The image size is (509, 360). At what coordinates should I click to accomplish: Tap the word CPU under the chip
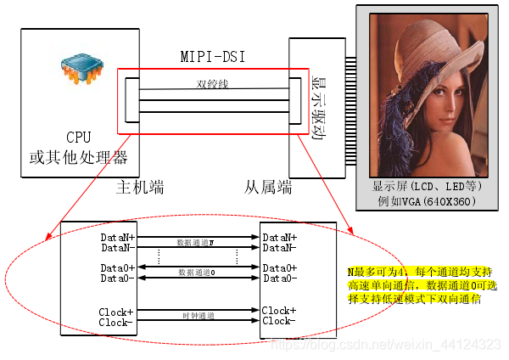78,138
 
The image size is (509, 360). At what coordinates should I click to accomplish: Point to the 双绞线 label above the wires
212,84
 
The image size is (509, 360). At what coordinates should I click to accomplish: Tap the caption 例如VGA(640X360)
427,201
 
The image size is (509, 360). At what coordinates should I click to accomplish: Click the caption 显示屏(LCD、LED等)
427,186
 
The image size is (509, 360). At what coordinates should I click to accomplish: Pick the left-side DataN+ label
116,238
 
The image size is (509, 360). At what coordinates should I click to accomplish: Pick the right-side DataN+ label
279,238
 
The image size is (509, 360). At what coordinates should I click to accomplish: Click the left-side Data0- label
116,278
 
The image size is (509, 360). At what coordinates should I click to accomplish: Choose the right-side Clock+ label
279,311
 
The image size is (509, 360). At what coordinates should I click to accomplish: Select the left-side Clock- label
116,322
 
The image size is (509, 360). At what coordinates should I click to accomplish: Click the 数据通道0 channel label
196,273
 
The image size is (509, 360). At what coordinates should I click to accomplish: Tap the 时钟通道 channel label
196,316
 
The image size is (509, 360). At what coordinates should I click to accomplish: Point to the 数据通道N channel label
196,243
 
